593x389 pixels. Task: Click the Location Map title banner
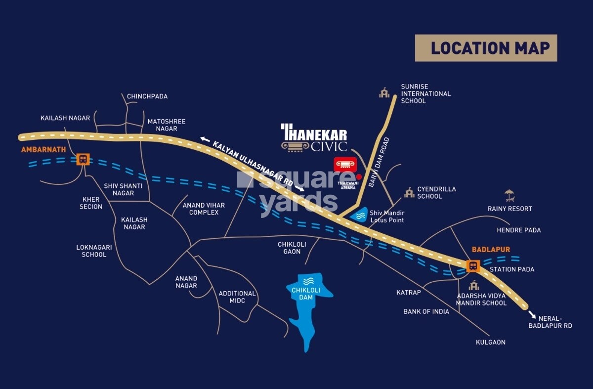pos(486,48)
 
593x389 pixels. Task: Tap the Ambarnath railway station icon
pos(83,159)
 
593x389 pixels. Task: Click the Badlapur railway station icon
pos(473,266)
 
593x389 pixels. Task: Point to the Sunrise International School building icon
pos(384,93)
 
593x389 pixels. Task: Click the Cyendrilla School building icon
pos(409,193)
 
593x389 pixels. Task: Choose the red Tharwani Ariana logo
pos(345,165)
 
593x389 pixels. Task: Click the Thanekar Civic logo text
pos(315,138)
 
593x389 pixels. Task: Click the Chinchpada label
pos(147,96)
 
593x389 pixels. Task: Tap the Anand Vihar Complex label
pos(204,209)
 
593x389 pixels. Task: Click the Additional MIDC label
pos(237,297)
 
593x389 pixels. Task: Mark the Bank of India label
pos(426,311)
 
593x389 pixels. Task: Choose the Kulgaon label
pos(490,342)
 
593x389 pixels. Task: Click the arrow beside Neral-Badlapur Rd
pos(532,314)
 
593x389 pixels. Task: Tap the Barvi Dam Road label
pos(378,162)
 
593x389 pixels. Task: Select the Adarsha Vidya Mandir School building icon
pos(474,285)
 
